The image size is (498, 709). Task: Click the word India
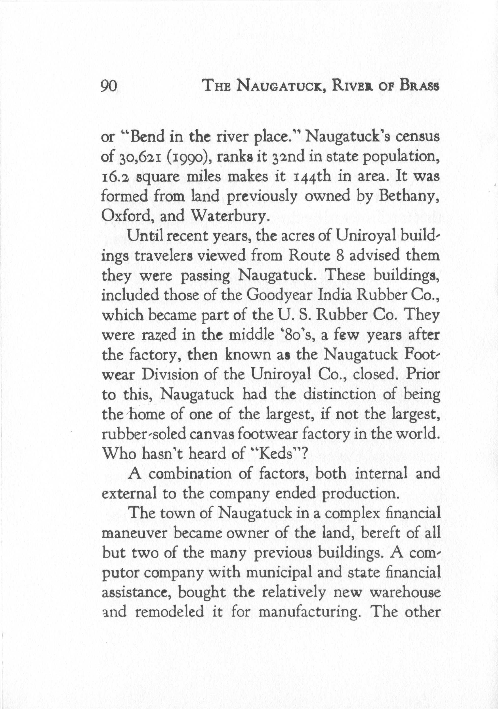[x=332, y=295]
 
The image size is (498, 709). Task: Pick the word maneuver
[x=134, y=533]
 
